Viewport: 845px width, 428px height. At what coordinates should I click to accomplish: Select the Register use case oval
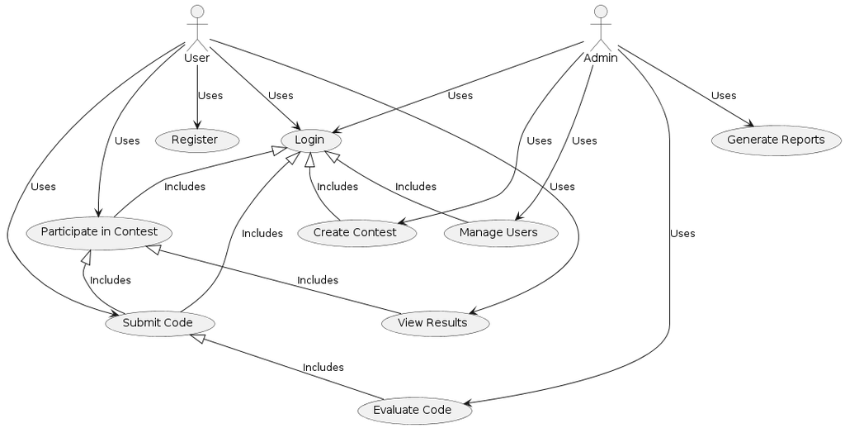(196, 140)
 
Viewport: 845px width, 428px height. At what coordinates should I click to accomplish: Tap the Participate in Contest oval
(99, 231)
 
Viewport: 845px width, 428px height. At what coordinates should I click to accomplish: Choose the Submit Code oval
(158, 322)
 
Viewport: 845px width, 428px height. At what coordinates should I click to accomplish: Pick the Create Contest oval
(355, 232)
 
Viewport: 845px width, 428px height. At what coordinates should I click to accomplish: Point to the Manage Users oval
(498, 232)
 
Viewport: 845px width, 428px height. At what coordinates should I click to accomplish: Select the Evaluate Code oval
(413, 410)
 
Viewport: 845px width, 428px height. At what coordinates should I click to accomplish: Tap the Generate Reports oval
(776, 140)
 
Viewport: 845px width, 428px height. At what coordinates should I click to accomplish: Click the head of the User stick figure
(196, 11)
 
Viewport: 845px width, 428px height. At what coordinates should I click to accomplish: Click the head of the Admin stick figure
(601, 11)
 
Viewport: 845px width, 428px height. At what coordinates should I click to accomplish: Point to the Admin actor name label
(601, 58)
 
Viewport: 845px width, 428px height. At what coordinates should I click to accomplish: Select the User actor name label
(196, 58)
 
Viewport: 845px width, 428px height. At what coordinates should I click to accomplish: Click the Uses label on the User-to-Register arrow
(210, 96)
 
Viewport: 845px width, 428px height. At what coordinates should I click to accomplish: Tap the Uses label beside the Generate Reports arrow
(724, 96)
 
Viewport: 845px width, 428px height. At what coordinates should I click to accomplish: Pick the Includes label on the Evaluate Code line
(323, 367)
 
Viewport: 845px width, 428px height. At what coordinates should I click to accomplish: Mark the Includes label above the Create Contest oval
(338, 187)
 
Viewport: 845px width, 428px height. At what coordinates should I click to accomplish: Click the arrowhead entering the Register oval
(196, 125)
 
